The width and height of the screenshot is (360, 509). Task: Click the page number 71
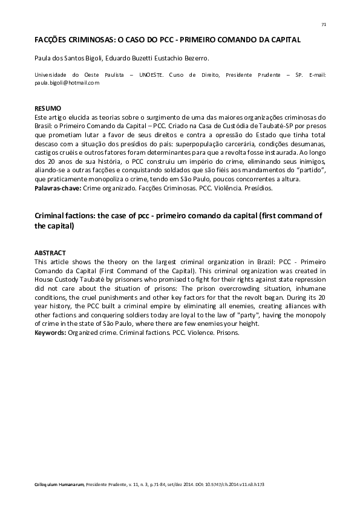[324, 24]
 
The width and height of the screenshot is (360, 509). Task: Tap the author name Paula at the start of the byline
[42, 59]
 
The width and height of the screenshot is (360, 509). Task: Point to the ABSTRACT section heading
[50, 252]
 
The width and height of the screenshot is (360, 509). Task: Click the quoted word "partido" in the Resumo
[309, 171]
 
